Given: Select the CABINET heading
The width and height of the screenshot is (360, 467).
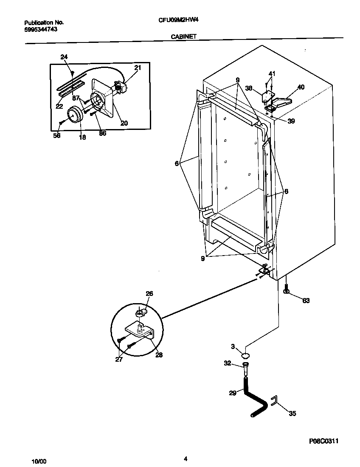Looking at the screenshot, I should click(183, 37).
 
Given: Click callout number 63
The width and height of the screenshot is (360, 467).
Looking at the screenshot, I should click(306, 301).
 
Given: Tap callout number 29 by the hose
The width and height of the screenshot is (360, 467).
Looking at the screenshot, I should click(232, 393).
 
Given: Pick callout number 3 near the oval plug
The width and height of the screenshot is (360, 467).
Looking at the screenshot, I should click(233, 347).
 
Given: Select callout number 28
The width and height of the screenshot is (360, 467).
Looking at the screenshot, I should click(159, 355).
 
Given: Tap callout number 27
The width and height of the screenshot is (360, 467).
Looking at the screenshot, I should click(118, 359).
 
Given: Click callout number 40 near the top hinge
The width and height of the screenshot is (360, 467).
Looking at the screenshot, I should click(301, 87).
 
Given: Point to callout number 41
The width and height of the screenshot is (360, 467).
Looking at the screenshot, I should click(272, 73).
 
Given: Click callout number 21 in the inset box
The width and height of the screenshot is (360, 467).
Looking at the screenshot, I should click(138, 68).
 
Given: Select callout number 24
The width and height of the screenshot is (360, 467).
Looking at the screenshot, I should click(64, 56).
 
